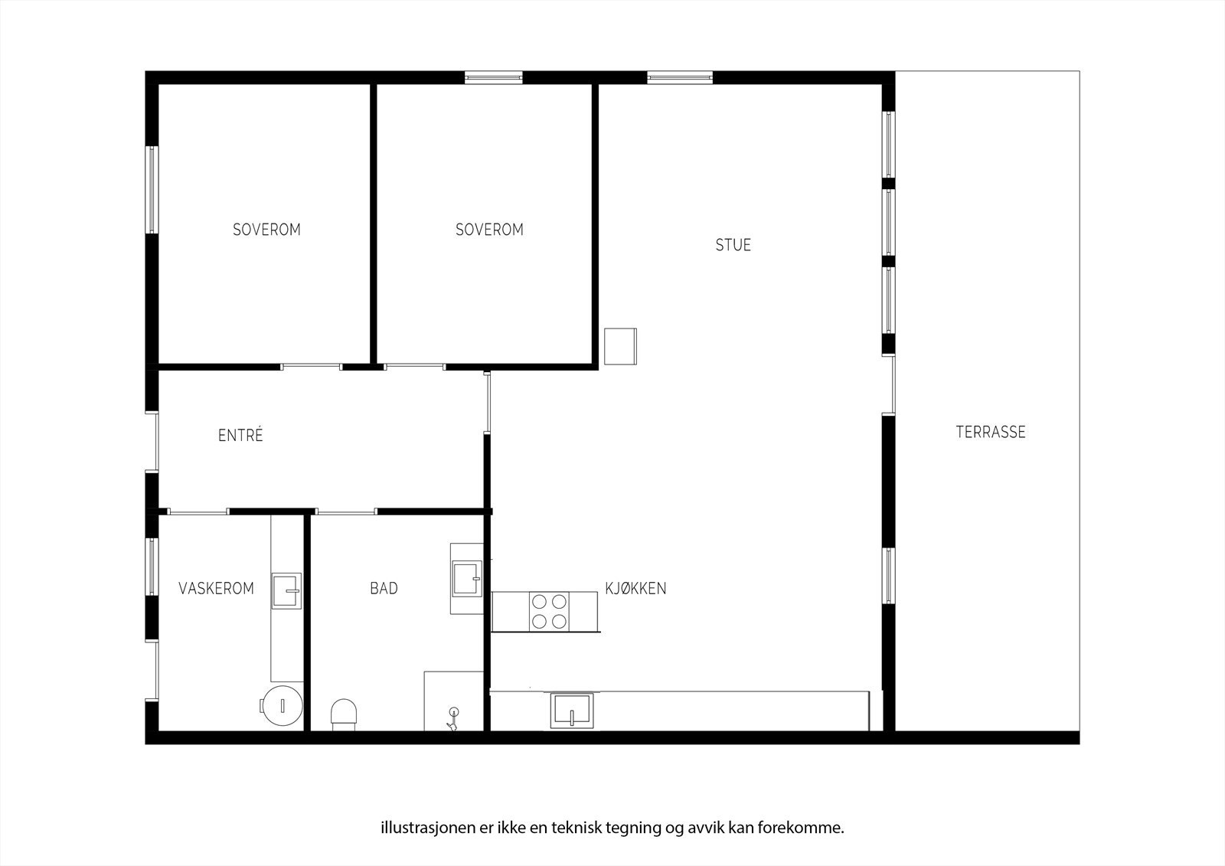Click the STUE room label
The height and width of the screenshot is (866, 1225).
pyautogui.click(x=733, y=245)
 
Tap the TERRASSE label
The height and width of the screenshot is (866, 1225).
pyautogui.click(x=990, y=432)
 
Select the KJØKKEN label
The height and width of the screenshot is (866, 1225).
pyautogui.click(x=635, y=589)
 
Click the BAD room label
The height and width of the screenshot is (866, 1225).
pyautogui.click(x=384, y=589)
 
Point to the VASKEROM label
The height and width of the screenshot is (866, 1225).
pyautogui.click(x=216, y=589)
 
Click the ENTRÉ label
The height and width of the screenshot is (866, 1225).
pyautogui.click(x=240, y=436)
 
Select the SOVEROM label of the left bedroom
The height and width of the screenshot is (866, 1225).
pyautogui.click(x=266, y=230)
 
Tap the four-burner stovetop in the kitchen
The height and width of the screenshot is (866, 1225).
pyautogui.click(x=549, y=611)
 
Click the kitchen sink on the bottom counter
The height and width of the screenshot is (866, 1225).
pyautogui.click(x=572, y=710)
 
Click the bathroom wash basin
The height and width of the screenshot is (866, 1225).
pyautogui.click(x=466, y=578)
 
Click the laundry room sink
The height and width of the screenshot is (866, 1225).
pyautogui.click(x=286, y=590)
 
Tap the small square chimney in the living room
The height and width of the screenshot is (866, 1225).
pyautogui.click(x=620, y=346)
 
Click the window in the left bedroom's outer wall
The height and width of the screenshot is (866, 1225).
pyautogui.click(x=152, y=189)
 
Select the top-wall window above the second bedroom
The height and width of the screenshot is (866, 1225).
pyautogui.click(x=494, y=77)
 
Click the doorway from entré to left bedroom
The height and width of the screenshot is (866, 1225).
pyautogui.click(x=311, y=367)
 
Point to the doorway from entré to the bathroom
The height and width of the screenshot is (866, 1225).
pyautogui.click(x=346, y=511)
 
